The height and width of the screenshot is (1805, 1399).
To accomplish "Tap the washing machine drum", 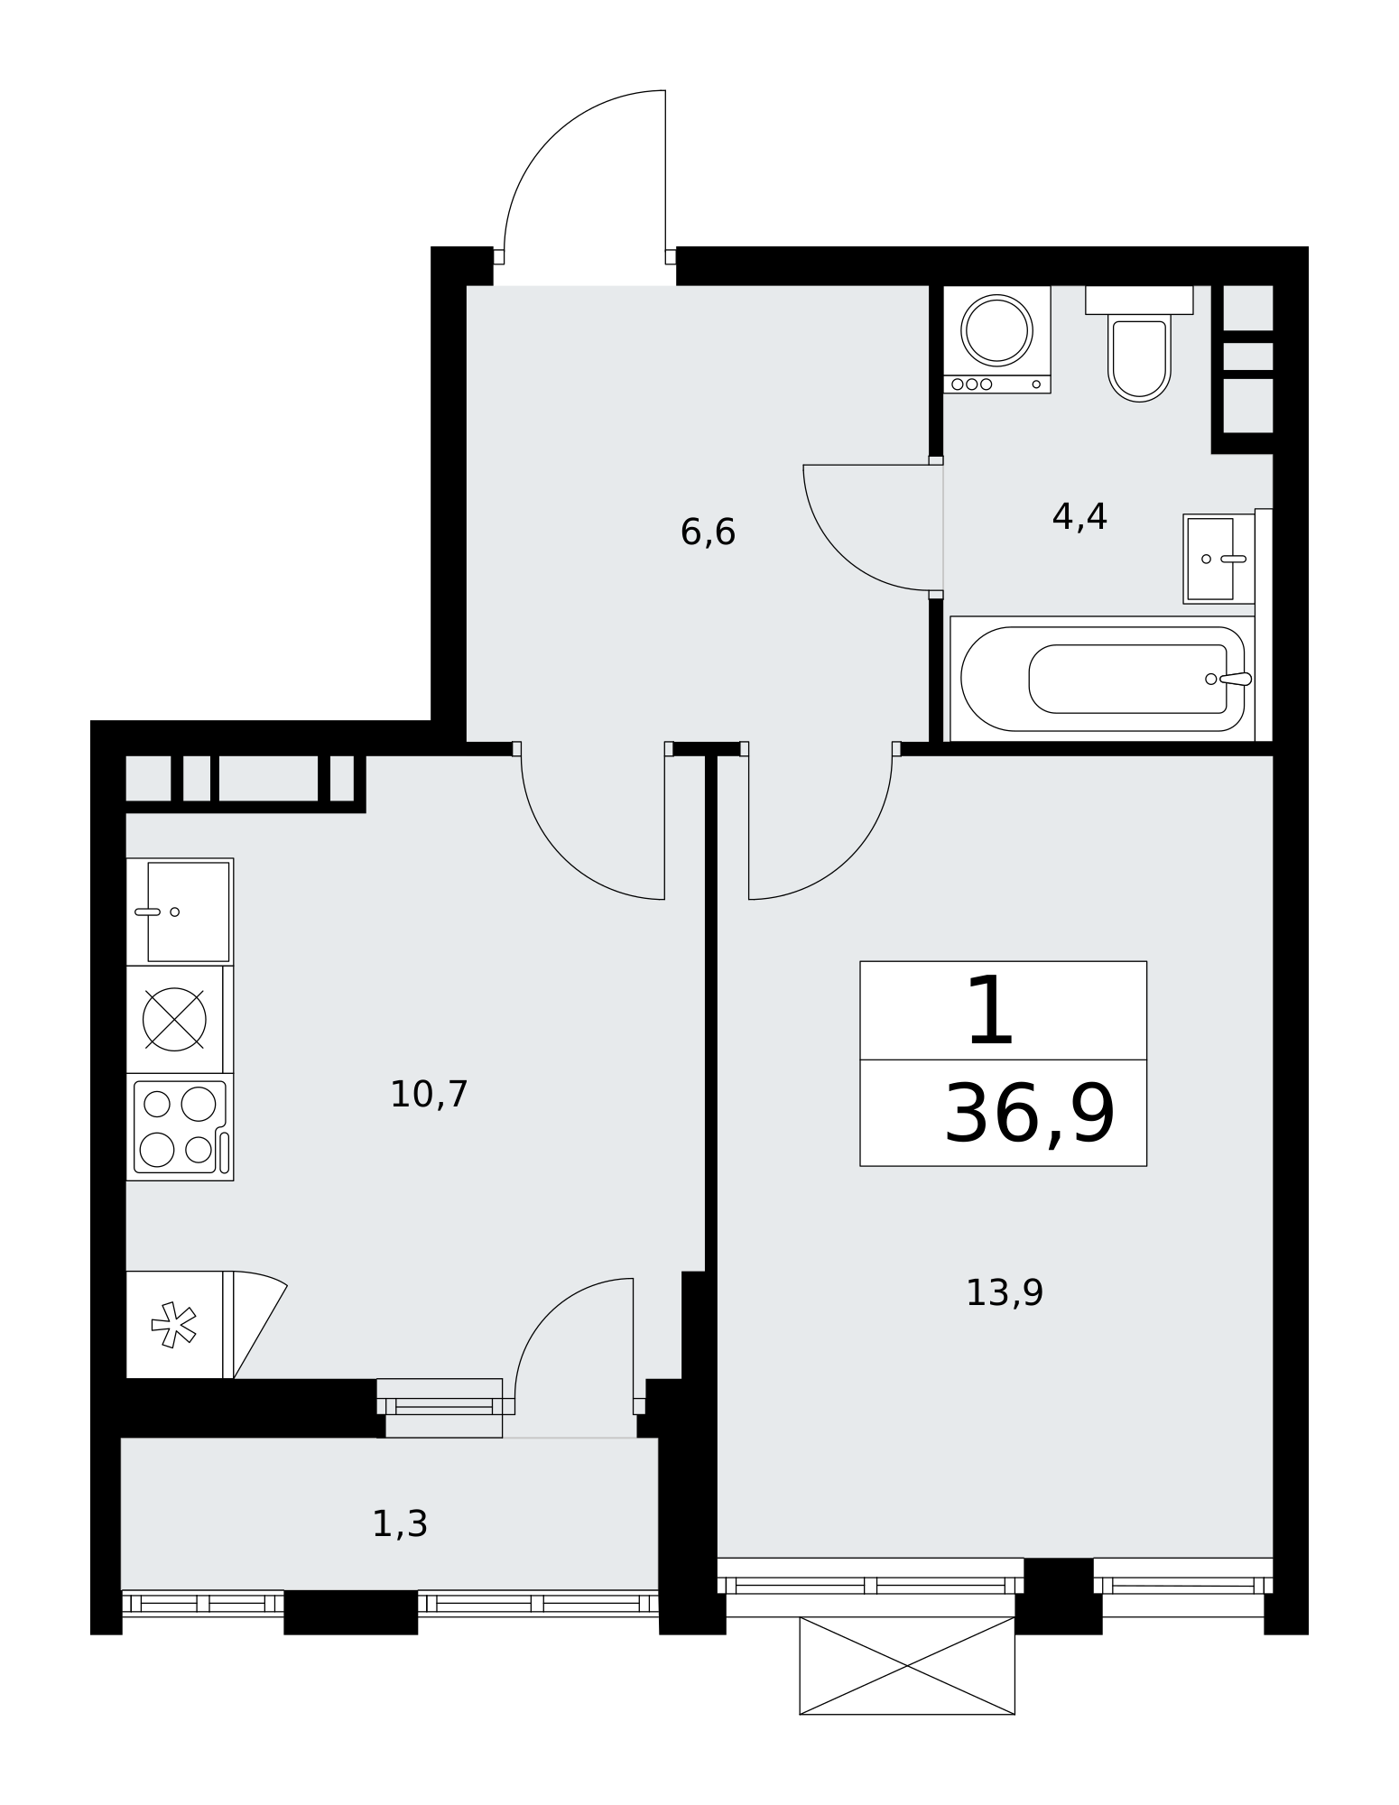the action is pos(996,330).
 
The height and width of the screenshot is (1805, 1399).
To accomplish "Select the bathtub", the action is pos(1102,679).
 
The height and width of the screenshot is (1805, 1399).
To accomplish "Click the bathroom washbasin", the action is pos(1218,559).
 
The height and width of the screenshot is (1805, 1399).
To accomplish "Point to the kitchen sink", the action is pos(180,912).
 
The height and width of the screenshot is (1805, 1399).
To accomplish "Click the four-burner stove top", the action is pos(180,1127).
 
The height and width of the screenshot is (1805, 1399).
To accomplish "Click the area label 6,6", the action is pos(708,532).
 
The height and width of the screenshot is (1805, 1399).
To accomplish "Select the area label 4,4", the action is pos(1079,517).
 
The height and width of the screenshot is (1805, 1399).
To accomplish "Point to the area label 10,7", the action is pos(429,1095).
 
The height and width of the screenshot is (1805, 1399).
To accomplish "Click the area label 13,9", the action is pos(1005,1293).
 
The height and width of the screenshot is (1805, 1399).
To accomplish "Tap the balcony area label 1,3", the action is pos(400,1524).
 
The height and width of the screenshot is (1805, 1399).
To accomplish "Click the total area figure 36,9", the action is pos(1030,1115).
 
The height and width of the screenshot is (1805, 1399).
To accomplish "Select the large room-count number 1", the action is pos(990,1011).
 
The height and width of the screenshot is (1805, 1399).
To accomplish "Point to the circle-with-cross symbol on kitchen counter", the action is pos(175,1019).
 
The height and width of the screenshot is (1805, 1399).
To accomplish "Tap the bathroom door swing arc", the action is pos(844,551).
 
